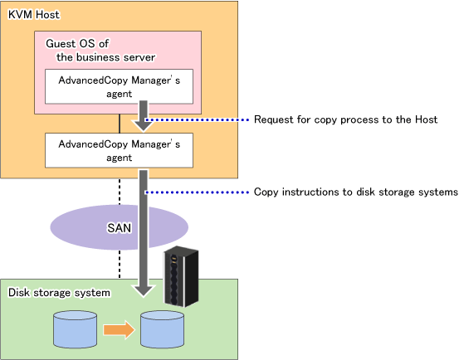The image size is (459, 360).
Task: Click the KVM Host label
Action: coord(34,15)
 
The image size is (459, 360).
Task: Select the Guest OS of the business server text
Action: coord(100,51)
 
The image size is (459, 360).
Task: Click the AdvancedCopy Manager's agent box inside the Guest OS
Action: coord(119,86)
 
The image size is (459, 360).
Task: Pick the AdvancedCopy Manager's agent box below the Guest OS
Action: coord(119,150)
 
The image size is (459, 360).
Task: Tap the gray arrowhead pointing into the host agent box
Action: coord(143,125)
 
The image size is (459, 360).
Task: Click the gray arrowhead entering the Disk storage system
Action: coord(144,290)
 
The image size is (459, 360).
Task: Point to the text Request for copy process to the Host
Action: coord(346,119)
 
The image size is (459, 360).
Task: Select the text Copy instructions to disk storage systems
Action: coord(356,192)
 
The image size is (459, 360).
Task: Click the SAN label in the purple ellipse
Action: coord(119,228)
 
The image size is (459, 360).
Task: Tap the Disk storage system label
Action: coord(59,293)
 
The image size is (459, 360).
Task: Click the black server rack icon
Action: coord(181,277)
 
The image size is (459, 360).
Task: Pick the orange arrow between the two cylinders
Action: coord(120,329)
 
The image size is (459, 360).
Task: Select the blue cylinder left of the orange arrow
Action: coord(76,329)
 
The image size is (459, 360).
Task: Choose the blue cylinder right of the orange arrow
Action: coord(162,329)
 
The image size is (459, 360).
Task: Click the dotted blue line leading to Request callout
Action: coord(197,119)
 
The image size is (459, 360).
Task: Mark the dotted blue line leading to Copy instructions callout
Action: coord(197,192)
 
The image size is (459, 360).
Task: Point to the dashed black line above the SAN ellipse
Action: coord(120,192)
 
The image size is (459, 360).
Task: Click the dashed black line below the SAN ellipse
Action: coord(120,264)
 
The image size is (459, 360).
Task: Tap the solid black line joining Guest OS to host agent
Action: coord(120,124)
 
